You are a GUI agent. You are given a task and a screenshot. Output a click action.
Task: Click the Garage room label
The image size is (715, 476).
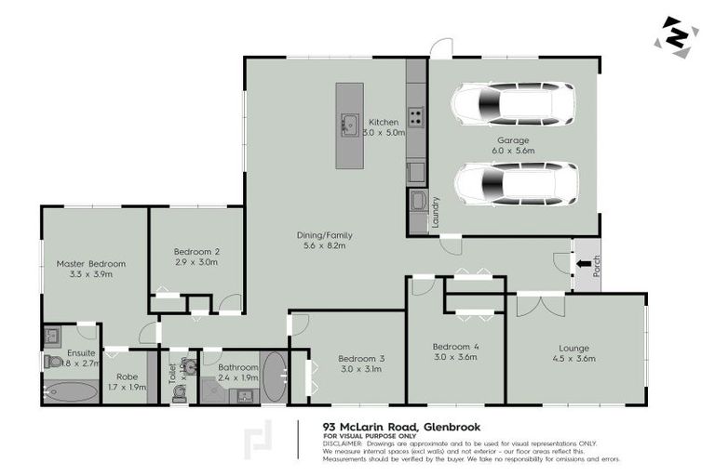pyautogui.click(x=511, y=140)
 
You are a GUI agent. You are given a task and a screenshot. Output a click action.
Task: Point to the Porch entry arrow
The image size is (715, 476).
pyautogui.click(x=584, y=264)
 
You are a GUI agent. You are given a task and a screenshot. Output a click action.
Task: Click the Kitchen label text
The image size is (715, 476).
pyautogui.click(x=384, y=122)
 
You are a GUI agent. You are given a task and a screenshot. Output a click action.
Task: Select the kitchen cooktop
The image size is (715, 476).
pyautogui.click(x=415, y=117)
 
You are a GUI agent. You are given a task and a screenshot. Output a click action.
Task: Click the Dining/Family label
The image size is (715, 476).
pyautogui.click(x=325, y=235)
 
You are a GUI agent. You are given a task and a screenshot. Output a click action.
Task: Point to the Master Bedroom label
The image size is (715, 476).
pyautogui.click(x=91, y=263)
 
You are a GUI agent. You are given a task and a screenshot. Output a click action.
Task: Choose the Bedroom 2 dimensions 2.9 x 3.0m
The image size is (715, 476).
pyautogui.click(x=196, y=263)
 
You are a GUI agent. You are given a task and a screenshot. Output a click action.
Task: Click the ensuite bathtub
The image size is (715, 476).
pyautogui.click(x=70, y=391)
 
